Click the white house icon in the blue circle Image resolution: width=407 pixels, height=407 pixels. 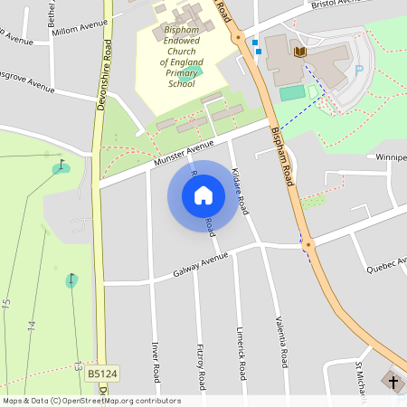point(203,195)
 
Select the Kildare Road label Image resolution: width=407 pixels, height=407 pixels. point(240,189)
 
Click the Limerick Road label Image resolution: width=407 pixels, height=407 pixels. point(241,354)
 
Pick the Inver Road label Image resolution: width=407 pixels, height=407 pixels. point(156,362)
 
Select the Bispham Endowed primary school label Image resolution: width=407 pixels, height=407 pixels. point(181,56)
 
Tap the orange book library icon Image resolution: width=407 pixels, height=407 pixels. point(301,52)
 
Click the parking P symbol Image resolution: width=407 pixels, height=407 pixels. point(359,70)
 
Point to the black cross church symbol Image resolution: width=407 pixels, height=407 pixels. point(393,382)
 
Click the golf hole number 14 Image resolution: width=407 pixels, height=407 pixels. point(31,324)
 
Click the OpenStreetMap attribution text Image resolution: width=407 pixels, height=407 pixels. point(91,401)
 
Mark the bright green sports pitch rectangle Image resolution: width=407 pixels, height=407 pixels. point(291,93)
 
